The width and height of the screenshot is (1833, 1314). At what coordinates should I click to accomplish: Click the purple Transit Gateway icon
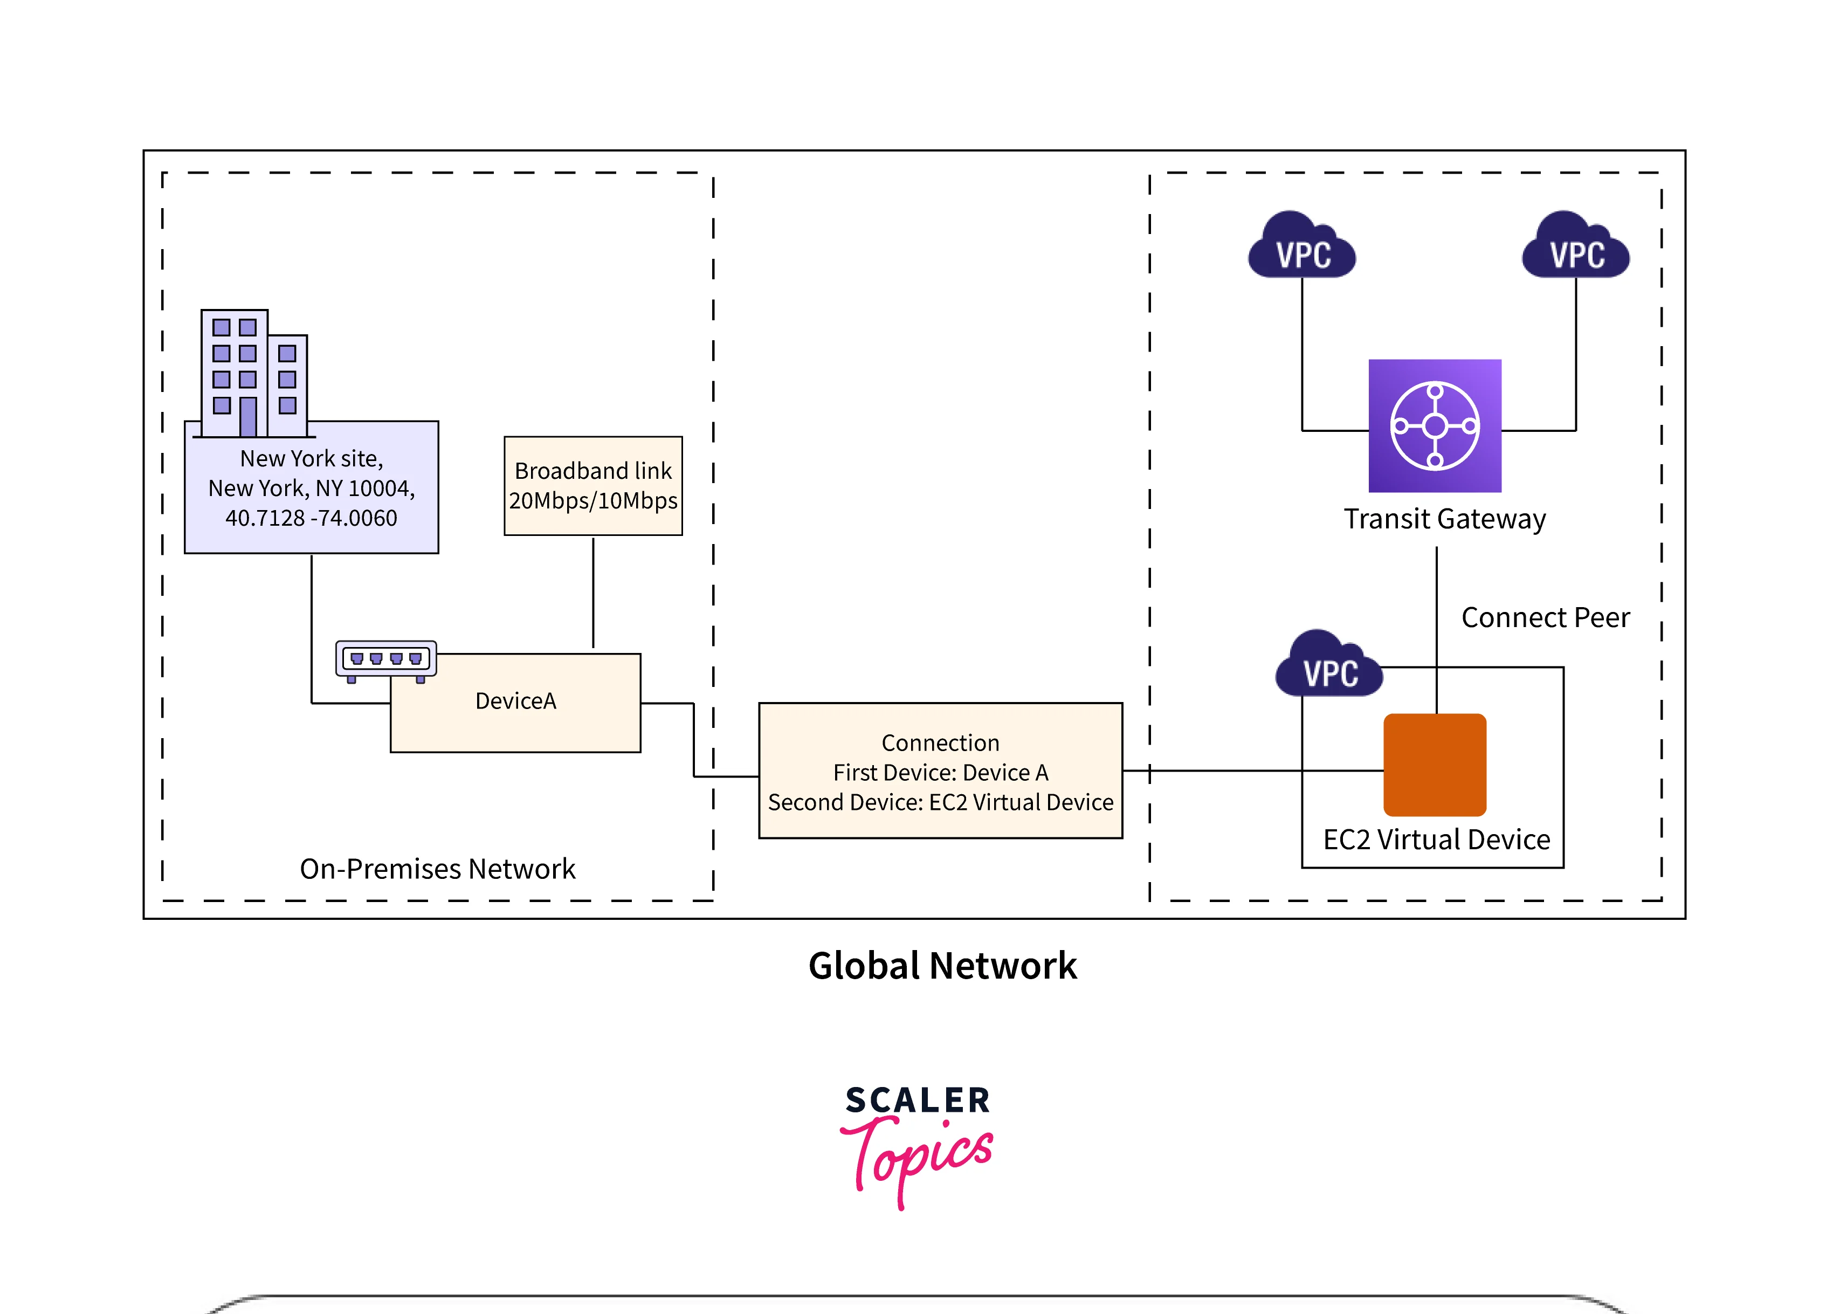pyautogui.click(x=1435, y=426)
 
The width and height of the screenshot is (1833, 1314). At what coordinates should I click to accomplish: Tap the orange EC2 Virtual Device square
pyautogui.click(x=1435, y=765)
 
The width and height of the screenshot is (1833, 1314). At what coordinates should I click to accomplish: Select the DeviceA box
pyautogui.click(x=515, y=701)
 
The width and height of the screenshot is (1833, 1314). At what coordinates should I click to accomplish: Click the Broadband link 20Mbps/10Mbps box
pyautogui.click(x=593, y=486)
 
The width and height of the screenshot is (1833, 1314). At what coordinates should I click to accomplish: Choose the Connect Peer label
pyautogui.click(x=1545, y=617)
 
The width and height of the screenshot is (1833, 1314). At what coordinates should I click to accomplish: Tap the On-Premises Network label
pyautogui.click(x=437, y=869)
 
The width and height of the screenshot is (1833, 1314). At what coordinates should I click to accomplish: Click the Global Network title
pyautogui.click(x=942, y=966)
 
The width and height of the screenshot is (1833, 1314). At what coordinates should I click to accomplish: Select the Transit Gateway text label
pyautogui.click(x=1444, y=519)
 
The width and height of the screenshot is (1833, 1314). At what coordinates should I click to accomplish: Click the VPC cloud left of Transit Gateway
pyautogui.click(x=1302, y=246)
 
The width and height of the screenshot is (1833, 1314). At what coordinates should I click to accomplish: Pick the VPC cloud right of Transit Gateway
pyautogui.click(x=1575, y=246)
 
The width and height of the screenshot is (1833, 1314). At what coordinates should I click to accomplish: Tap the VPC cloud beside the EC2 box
pyautogui.click(x=1329, y=665)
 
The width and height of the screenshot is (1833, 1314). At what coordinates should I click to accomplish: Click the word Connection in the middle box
pyautogui.click(x=940, y=742)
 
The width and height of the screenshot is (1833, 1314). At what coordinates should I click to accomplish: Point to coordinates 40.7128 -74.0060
pyautogui.click(x=311, y=518)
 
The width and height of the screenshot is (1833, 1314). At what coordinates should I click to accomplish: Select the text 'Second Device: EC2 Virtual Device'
pyautogui.click(x=940, y=802)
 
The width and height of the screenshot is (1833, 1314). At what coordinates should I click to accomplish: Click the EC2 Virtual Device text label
pyautogui.click(x=1436, y=840)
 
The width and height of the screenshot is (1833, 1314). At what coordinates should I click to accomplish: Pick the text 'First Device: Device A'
pyautogui.click(x=940, y=773)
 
